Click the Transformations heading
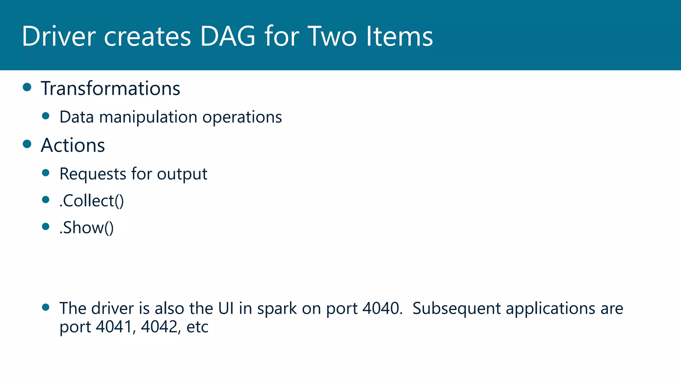point(110,88)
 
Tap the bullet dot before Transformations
point(27,87)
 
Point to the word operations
point(242,117)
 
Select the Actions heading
point(73,145)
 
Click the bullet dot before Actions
point(27,144)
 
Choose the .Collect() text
point(91,201)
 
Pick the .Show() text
point(86,228)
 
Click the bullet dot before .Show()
point(46,227)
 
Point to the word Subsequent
point(457,308)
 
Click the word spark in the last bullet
point(277,309)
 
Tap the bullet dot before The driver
point(46,307)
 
